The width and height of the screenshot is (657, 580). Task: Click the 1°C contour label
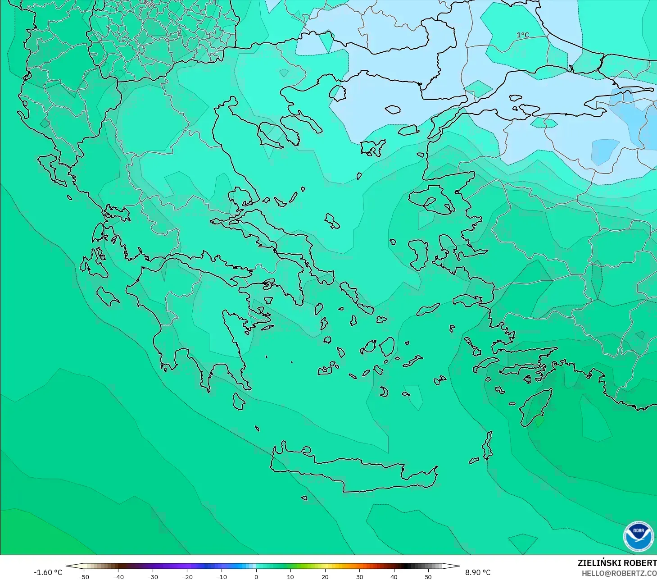click(522, 35)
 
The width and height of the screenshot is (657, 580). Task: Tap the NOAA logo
click(638, 536)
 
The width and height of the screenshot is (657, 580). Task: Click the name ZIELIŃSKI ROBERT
click(617, 563)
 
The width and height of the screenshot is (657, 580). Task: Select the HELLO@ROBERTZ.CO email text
click(619, 573)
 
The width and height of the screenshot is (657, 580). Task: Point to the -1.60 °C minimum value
click(48, 572)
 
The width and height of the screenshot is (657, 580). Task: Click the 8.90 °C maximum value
click(478, 572)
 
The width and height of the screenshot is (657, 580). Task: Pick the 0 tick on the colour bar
click(256, 576)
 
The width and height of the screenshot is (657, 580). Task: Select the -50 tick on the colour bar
click(84, 576)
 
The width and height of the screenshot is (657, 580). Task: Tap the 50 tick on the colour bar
click(428, 576)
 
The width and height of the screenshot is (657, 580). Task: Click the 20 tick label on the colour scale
click(325, 576)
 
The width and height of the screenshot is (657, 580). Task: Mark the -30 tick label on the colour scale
click(153, 576)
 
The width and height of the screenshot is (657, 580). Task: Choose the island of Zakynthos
click(107, 296)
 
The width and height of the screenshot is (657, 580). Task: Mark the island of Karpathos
click(487, 445)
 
